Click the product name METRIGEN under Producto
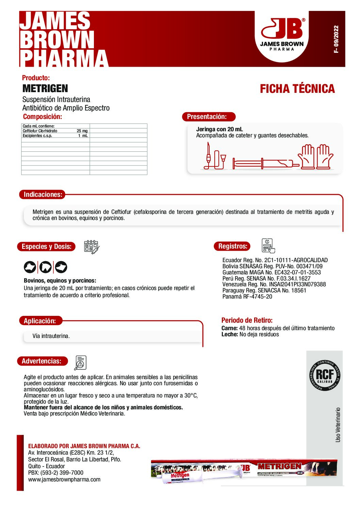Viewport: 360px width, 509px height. (45, 88)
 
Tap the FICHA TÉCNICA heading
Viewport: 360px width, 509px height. (297, 89)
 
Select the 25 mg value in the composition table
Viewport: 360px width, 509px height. (82, 131)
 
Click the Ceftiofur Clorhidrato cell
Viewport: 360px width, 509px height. (40, 131)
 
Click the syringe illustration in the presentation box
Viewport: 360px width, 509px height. (262, 163)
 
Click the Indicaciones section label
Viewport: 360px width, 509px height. (43, 194)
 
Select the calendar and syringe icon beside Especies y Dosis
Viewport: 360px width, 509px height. (91, 247)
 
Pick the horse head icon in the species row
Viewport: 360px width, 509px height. (45, 267)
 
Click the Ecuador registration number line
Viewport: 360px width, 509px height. (275, 260)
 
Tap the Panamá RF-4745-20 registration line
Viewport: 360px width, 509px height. (247, 296)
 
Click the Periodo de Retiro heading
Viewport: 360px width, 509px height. (247, 320)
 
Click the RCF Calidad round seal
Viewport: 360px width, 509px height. (325, 375)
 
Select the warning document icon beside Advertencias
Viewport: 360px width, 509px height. (80, 363)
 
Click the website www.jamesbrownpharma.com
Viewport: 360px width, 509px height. (64, 479)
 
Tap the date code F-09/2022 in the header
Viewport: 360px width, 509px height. (336, 39)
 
